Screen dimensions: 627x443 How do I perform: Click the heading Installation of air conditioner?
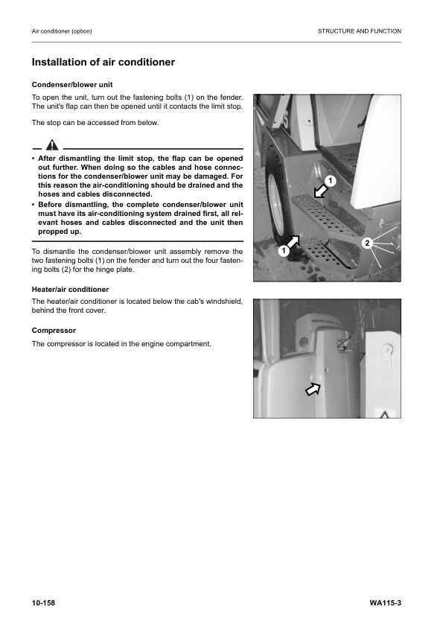pyautogui.click(x=103, y=63)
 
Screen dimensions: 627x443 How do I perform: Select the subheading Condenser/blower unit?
pyautogui.click(x=72, y=84)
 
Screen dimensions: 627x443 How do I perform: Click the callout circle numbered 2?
pyautogui.click(x=366, y=244)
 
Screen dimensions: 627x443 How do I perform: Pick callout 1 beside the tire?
pyautogui.click(x=283, y=252)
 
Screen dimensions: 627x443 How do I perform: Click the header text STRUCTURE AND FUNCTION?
pyautogui.click(x=359, y=31)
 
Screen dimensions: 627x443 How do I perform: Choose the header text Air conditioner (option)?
pyautogui.click(x=62, y=31)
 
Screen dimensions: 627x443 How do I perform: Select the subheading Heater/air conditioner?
pyautogui.click(x=70, y=289)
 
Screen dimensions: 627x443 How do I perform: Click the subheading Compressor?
pyautogui.click(x=53, y=330)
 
